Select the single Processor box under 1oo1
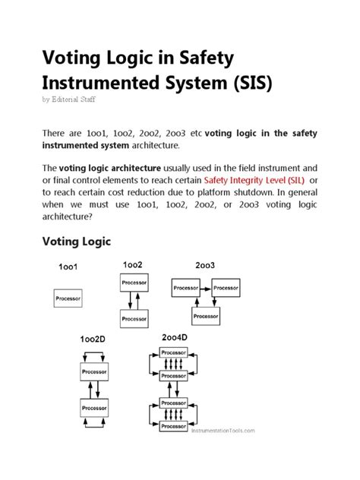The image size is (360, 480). click(71, 298)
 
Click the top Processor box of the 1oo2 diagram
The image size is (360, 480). click(134, 283)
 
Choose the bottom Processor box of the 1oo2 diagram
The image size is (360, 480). click(134, 319)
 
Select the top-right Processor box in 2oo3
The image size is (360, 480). click(227, 289)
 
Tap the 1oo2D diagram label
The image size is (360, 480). click(93, 338)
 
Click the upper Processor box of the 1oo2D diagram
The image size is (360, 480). click(94, 372)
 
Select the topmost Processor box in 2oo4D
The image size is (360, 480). click(174, 353)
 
